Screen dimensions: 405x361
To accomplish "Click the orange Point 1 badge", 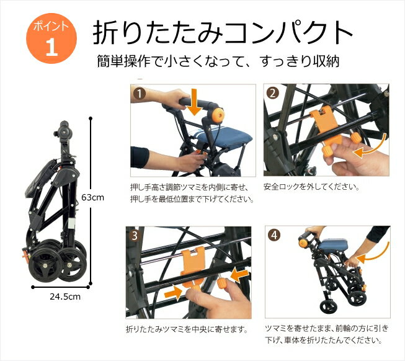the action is (x=51, y=38).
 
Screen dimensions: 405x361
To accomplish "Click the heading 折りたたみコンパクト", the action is (x=223, y=33).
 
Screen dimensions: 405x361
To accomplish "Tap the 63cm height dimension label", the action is (x=92, y=197).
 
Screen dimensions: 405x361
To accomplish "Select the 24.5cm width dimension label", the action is (x=65, y=296).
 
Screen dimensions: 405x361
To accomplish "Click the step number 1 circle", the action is (x=140, y=94).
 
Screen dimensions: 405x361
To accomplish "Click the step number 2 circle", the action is (x=272, y=94).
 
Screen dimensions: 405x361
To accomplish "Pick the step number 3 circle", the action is (x=135, y=236).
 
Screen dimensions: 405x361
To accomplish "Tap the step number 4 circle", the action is (x=275, y=235).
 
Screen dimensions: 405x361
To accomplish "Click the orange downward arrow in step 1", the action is (x=194, y=102).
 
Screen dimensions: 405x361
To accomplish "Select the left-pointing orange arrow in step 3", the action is (x=239, y=275).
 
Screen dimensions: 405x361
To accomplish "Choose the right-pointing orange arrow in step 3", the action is (x=173, y=293).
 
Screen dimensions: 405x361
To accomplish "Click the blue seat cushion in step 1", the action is (x=225, y=140).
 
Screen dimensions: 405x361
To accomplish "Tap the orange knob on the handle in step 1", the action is (x=218, y=115).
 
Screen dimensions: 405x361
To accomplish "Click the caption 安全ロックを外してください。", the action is (x=311, y=187).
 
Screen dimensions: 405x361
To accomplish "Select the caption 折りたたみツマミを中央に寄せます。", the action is (x=187, y=329).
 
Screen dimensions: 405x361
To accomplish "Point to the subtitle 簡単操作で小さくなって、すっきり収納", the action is (x=218, y=61).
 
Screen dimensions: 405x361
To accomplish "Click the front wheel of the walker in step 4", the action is (x=329, y=306).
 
